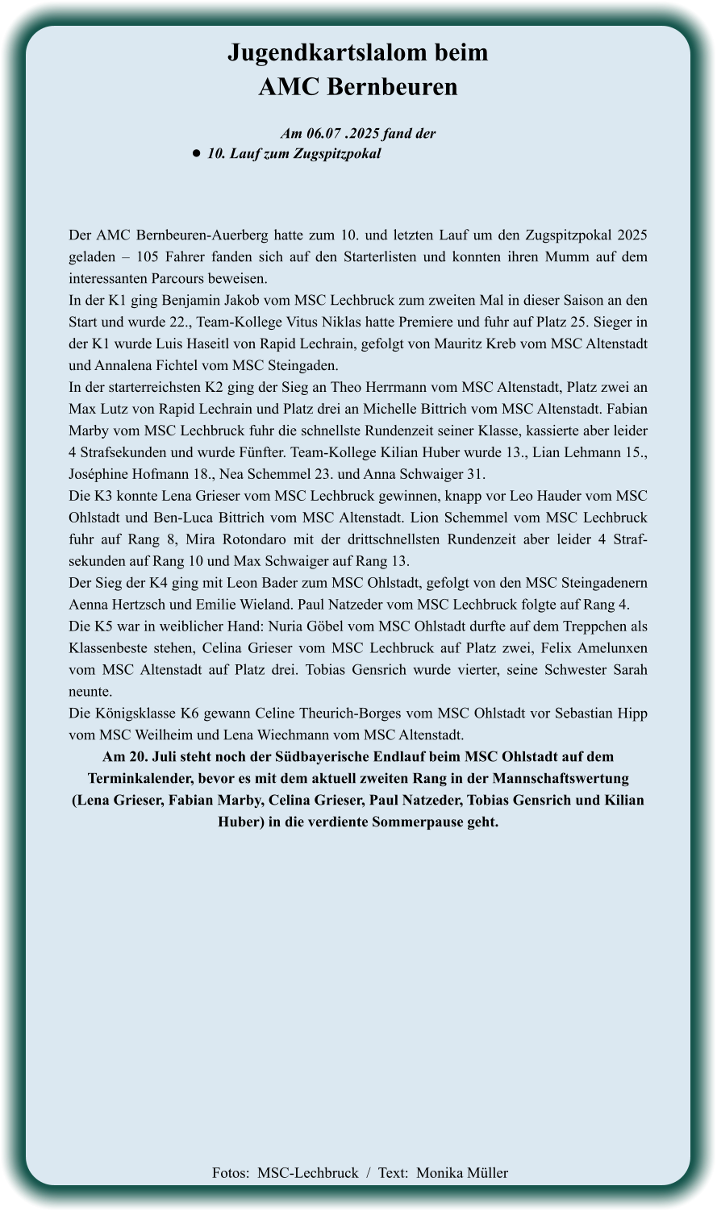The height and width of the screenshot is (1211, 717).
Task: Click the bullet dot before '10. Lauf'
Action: [196, 153]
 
